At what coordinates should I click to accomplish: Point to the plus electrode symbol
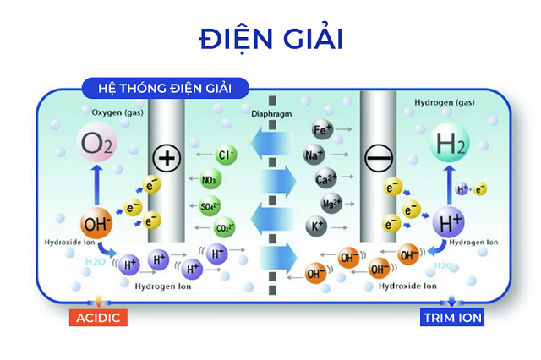click(167, 158)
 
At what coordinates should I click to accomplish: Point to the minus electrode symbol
click(377, 158)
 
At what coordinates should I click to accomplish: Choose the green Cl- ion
click(225, 155)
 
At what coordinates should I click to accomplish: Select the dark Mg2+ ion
click(331, 204)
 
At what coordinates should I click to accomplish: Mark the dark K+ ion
click(318, 226)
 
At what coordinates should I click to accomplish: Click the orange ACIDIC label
click(99, 318)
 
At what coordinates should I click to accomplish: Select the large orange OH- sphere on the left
click(96, 225)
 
